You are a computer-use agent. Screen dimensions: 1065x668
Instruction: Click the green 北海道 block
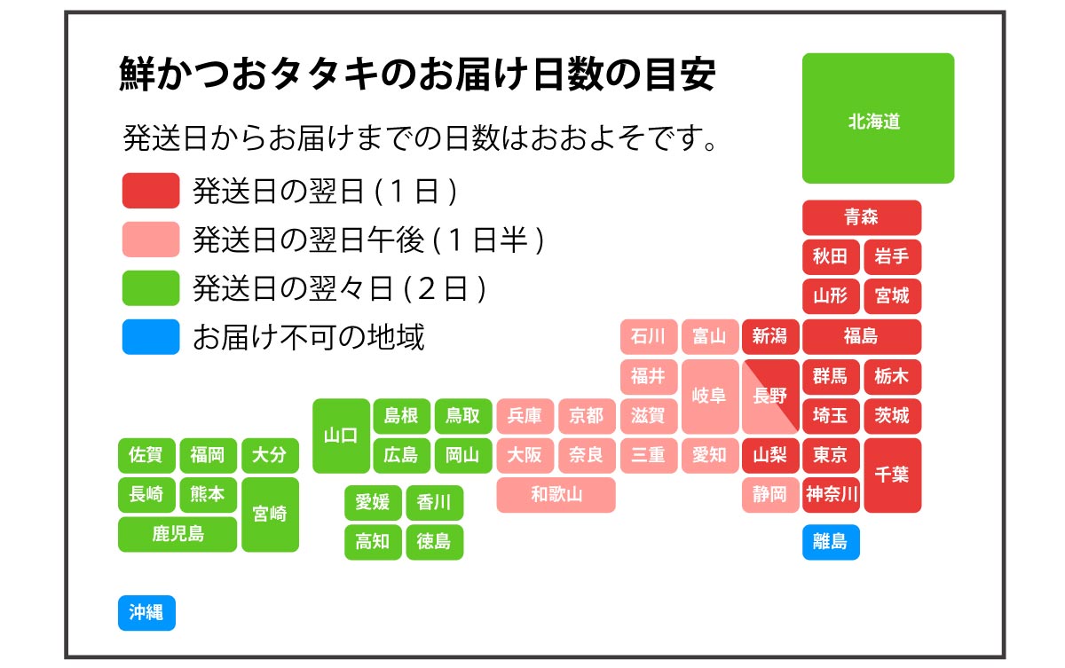pos(878,118)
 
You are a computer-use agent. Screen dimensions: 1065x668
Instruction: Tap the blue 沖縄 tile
pos(147,612)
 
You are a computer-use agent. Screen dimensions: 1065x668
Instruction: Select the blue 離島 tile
pos(831,542)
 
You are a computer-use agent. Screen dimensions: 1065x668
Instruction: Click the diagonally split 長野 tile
pos(770,397)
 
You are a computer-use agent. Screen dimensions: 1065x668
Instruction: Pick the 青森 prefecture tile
pos(862,217)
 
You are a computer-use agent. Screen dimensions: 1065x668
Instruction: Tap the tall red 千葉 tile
pos(893,475)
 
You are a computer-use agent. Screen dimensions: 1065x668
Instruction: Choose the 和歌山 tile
pos(556,495)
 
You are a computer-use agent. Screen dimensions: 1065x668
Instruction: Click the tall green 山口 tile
pos(341,436)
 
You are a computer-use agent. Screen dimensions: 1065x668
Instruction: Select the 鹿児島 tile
pos(177,535)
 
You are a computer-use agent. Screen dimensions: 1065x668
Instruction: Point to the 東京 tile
pos(831,456)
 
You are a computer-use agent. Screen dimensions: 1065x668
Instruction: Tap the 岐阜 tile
pos(710,397)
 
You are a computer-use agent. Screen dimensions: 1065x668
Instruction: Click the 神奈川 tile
pos(831,495)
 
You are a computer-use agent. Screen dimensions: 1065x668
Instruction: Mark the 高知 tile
pos(373,542)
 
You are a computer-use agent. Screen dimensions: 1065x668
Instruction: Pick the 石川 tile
pos(649,337)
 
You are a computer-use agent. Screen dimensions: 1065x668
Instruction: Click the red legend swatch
pos(151,191)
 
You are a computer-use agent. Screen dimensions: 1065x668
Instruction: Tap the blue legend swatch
pos(151,337)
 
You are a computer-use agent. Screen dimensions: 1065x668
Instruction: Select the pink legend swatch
pos(151,240)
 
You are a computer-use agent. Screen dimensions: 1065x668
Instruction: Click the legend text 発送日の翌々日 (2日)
pos(339,288)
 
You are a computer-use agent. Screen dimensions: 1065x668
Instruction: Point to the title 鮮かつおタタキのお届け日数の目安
pos(417,74)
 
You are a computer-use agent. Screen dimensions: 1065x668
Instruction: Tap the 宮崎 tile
pos(270,515)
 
